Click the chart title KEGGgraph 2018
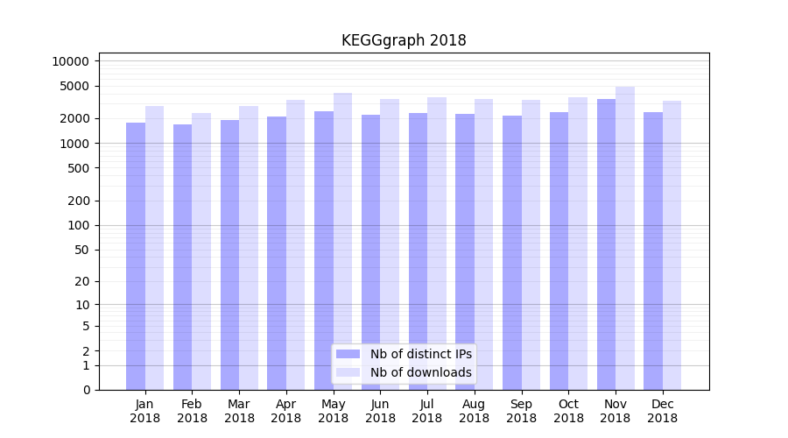pos(404,40)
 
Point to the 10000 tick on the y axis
pos(71,61)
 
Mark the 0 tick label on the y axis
pos(86,390)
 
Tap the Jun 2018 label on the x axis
pos(380,411)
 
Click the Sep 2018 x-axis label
pos(521,411)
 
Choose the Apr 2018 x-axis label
pos(286,411)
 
